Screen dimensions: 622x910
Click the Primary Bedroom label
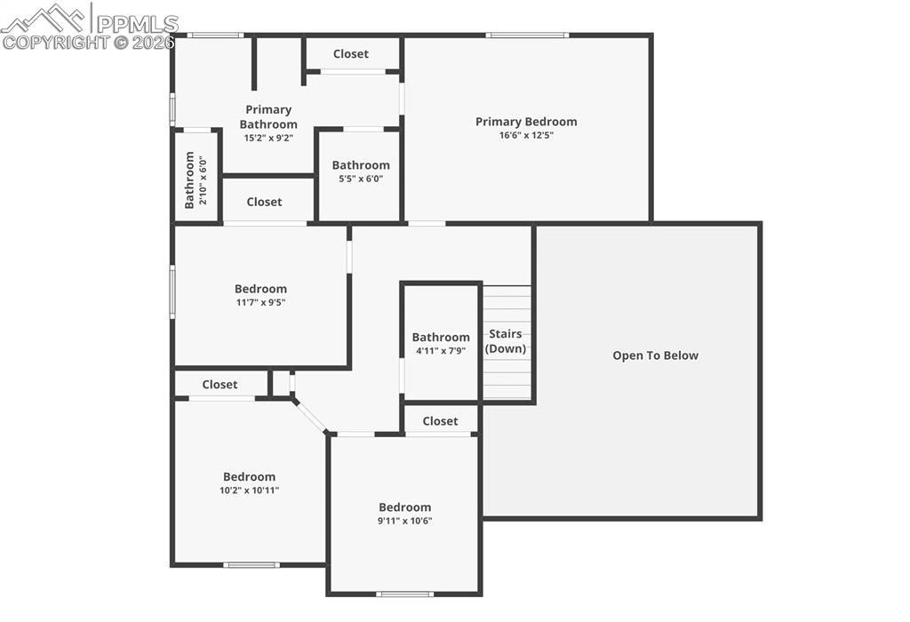point(526,122)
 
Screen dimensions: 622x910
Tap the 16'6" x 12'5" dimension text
point(526,136)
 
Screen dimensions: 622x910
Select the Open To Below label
point(655,355)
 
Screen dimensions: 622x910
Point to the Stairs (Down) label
point(506,341)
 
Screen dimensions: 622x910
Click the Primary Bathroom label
point(268,117)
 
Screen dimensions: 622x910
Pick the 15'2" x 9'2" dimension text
point(268,138)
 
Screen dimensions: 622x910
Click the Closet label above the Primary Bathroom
point(350,54)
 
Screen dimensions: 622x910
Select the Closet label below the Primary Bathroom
point(264,203)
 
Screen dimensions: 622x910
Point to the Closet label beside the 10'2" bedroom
point(220,385)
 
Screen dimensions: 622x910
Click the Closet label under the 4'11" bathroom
point(440,421)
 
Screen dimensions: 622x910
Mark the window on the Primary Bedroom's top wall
point(527,36)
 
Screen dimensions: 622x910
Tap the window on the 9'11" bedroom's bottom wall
point(404,594)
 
